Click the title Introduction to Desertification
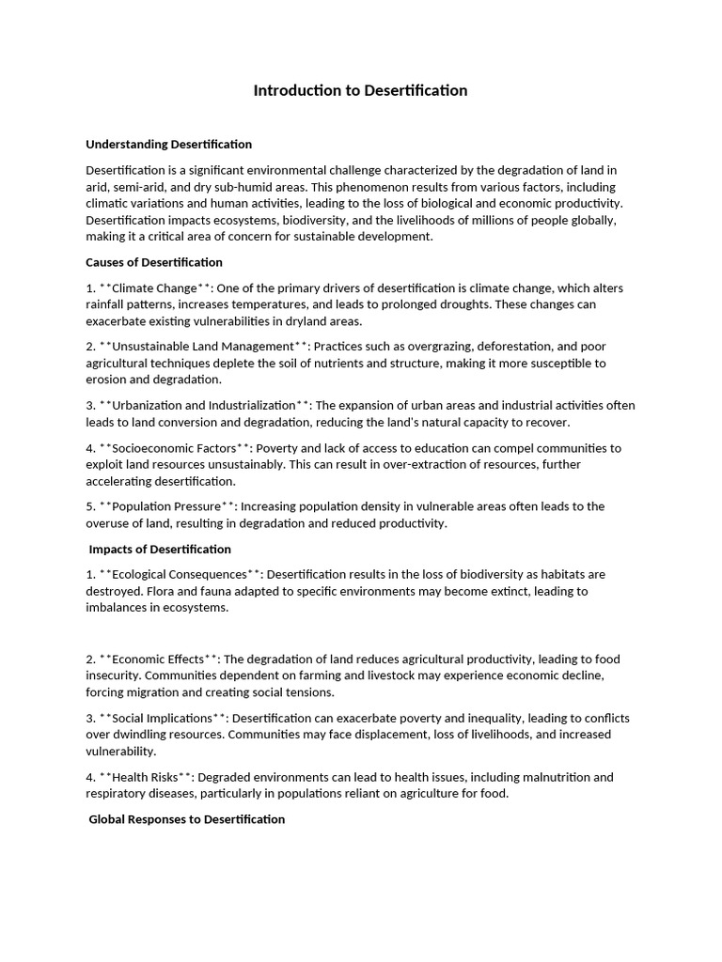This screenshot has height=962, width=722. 360,91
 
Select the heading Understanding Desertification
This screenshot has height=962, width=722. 169,145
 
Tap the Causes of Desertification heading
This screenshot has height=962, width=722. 154,262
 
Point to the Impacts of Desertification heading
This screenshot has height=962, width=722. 160,549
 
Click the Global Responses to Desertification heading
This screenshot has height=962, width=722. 186,819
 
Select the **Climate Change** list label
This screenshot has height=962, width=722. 154,288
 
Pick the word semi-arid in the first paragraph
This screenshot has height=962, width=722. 139,187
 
